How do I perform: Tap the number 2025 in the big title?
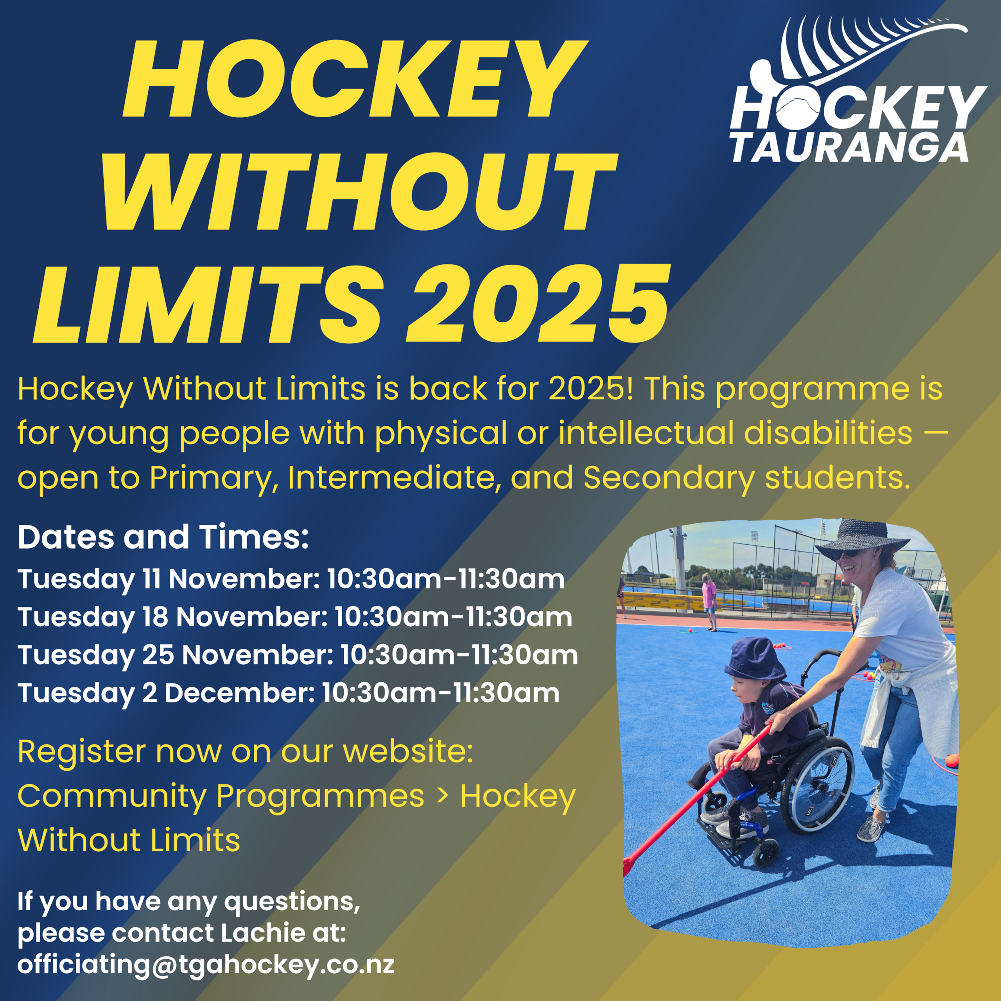[537, 304]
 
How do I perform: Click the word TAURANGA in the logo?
[850, 148]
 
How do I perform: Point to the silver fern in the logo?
[860, 52]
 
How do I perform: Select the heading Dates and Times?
[163, 537]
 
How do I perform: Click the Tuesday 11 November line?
[291, 579]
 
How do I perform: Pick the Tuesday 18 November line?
[295, 617]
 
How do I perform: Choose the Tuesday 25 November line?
[298, 655]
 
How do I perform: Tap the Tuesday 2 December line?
[289, 694]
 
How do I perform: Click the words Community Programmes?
[221, 797]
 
